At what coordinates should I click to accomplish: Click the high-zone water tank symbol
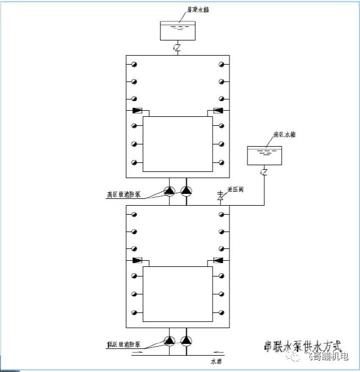263,154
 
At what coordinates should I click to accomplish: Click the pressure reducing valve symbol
220,196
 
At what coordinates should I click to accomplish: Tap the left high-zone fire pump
169,192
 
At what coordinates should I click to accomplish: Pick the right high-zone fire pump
186,192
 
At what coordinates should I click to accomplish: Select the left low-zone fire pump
169,341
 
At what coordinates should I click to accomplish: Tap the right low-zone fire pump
186,341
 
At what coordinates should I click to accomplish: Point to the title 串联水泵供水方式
303,344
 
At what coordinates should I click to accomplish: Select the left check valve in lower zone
137,260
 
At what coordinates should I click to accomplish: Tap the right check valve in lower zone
218,260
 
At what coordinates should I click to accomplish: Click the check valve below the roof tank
177,48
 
